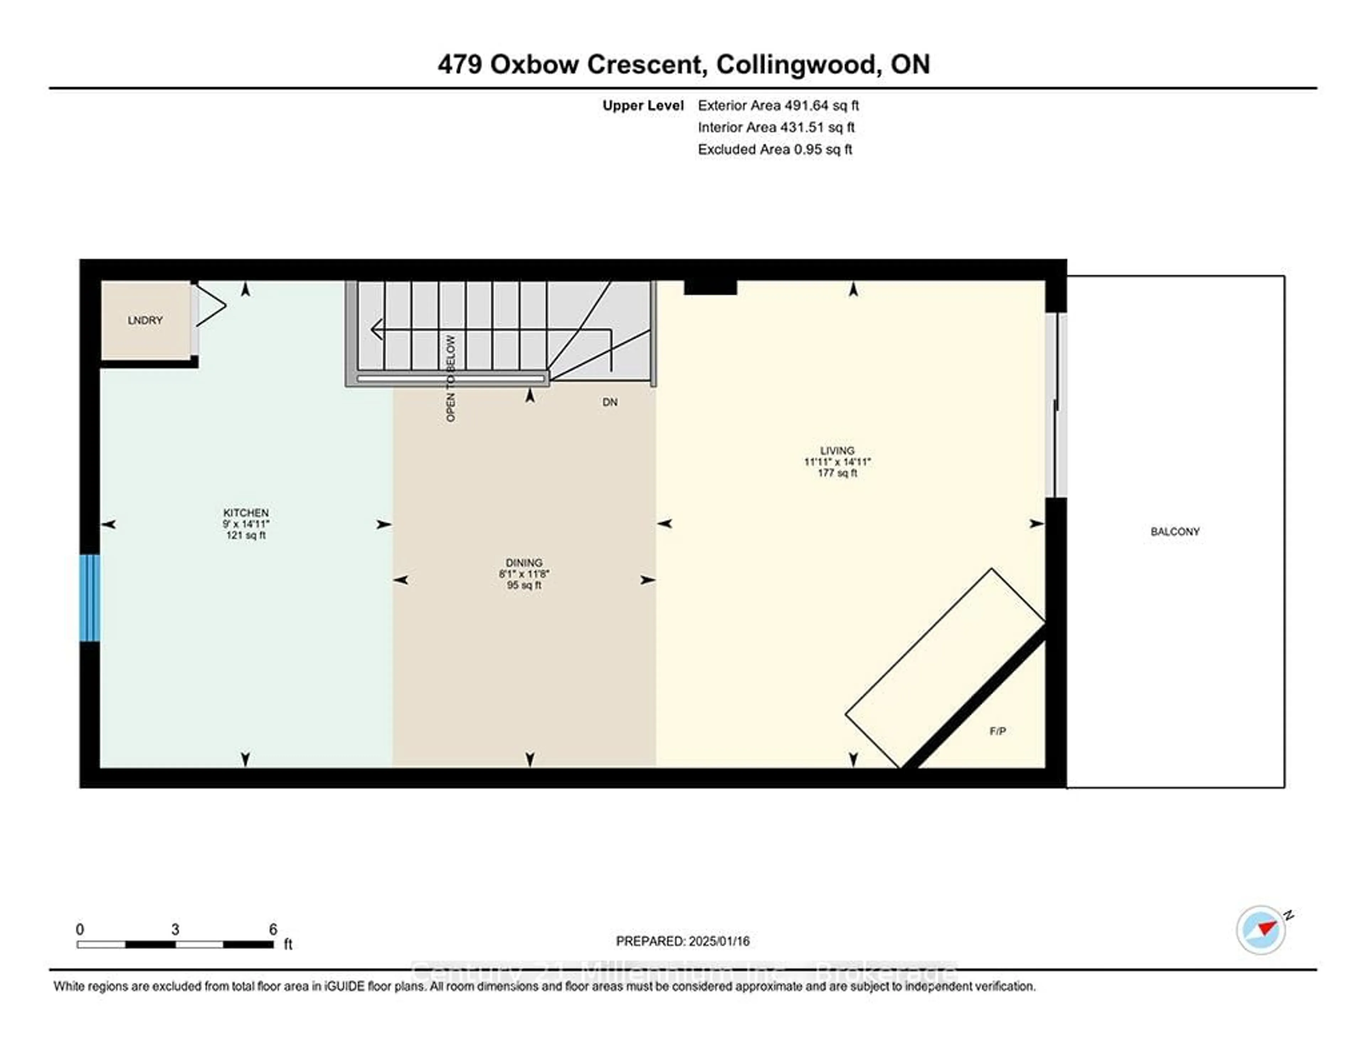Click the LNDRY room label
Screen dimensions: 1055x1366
145,320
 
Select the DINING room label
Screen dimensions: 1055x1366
524,563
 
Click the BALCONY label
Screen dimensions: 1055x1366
1175,531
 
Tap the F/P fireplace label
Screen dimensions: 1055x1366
997,731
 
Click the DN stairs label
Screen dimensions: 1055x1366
610,402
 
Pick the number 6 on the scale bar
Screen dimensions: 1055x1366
273,929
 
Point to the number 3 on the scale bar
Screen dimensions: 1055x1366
175,929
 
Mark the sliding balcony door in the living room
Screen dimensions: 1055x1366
1056,405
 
